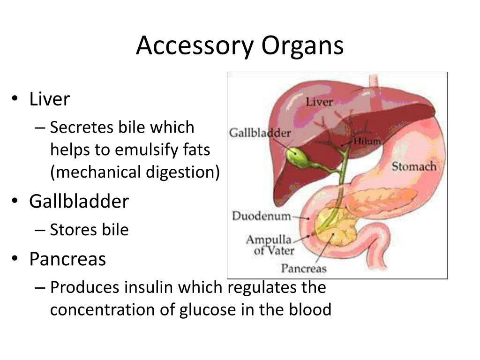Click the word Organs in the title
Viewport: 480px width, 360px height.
[x=303, y=46]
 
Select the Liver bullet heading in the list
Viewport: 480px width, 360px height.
[x=49, y=99]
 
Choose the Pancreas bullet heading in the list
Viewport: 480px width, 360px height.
[x=67, y=258]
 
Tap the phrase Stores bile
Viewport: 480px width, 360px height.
[x=89, y=230]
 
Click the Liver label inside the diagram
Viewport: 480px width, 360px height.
[x=320, y=102]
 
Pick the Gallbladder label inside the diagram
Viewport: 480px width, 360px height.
[x=260, y=133]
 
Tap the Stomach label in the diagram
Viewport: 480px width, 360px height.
[x=414, y=166]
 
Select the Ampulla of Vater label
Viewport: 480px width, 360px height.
[x=270, y=245]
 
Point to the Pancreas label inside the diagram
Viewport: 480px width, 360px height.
[x=303, y=269]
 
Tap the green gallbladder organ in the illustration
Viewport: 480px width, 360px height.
[x=299, y=156]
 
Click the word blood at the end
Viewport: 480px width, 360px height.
[x=310, y=310]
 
